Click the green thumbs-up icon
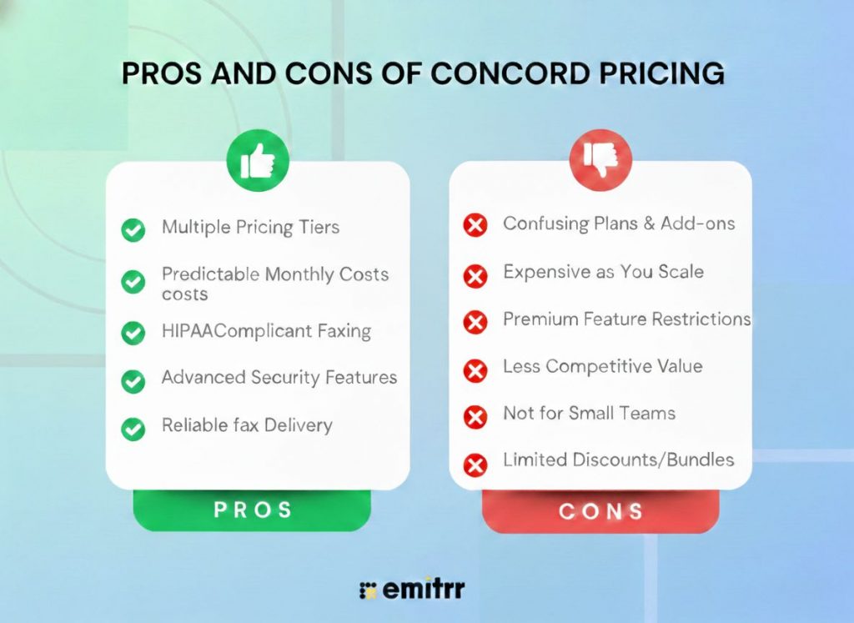pos(258,160)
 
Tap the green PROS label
pos(253,510)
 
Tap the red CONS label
pos(600,510)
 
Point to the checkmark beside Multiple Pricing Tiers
pos(133,230)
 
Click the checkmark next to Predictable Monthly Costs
pos(133,282)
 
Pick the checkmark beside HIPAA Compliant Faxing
pos(133,333)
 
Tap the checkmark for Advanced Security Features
pos(133,381)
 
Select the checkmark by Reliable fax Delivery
pos(133,429)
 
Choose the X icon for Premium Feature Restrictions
pos(475,322)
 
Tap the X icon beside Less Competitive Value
pos(475,369)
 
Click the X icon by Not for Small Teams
pos(475,416)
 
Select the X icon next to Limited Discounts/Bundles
pos(475,464)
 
